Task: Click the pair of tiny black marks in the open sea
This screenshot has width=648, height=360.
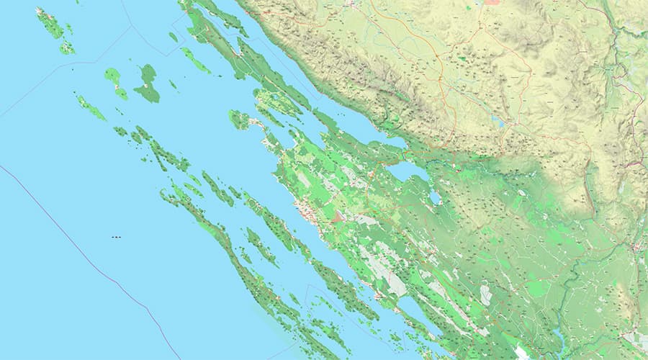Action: point(116,237)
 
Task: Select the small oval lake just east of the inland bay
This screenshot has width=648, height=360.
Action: point(435,197)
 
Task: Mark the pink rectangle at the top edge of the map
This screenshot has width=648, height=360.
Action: point(492,2)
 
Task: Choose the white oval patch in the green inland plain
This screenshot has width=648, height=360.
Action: point(486,294)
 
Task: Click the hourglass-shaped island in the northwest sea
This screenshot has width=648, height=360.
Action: point(115,82)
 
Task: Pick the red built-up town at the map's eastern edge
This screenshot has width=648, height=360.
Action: point(638,248)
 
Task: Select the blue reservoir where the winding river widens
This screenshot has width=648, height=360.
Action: point(558,336)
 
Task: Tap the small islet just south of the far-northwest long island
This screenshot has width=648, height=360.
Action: point(67,48)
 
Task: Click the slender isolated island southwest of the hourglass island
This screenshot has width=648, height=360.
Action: point(91,107)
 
